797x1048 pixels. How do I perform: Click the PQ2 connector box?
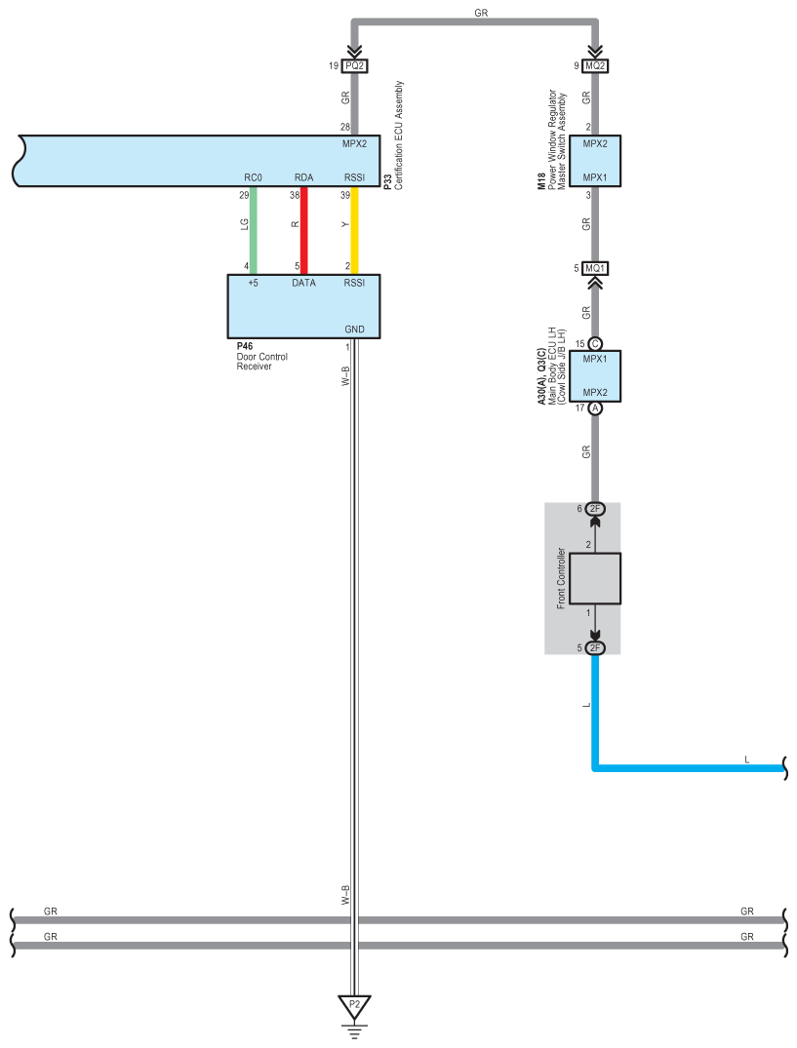(354, 66)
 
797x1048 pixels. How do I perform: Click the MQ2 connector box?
(595, 66)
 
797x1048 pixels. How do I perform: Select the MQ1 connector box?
(595, 267)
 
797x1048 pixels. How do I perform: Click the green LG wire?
(254, 230)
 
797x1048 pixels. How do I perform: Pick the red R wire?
(303, 230)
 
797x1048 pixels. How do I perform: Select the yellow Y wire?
(355, 230)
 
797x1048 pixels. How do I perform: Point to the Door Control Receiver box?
(303, 305)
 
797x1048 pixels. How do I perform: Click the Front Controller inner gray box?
(595, 579)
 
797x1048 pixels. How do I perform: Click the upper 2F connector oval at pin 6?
(595, 509)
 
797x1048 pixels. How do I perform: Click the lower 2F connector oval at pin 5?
(595, 648)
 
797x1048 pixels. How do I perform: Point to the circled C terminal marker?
(595, 344)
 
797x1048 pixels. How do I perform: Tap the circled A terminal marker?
(595, 408)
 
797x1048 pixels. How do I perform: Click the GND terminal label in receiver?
(354, 329)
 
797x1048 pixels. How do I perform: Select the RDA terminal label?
(303, 178)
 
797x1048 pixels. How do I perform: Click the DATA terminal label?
(303, 283)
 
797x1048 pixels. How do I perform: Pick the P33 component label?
(387, 180)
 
